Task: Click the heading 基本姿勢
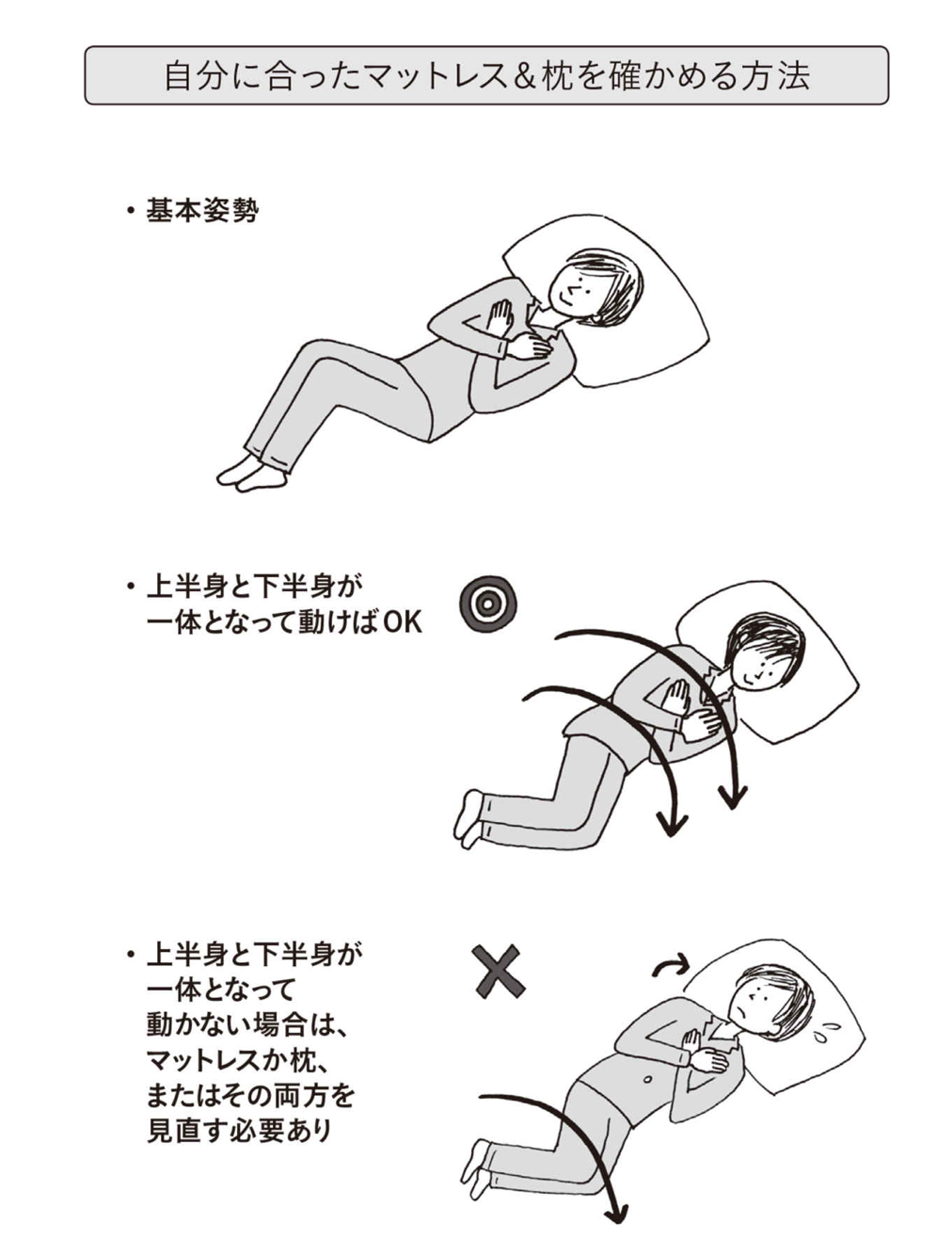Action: click(202, 211)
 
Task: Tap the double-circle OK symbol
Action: click(487, 604)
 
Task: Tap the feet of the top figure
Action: click(250, 473)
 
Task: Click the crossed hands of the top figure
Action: click(516, 335)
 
